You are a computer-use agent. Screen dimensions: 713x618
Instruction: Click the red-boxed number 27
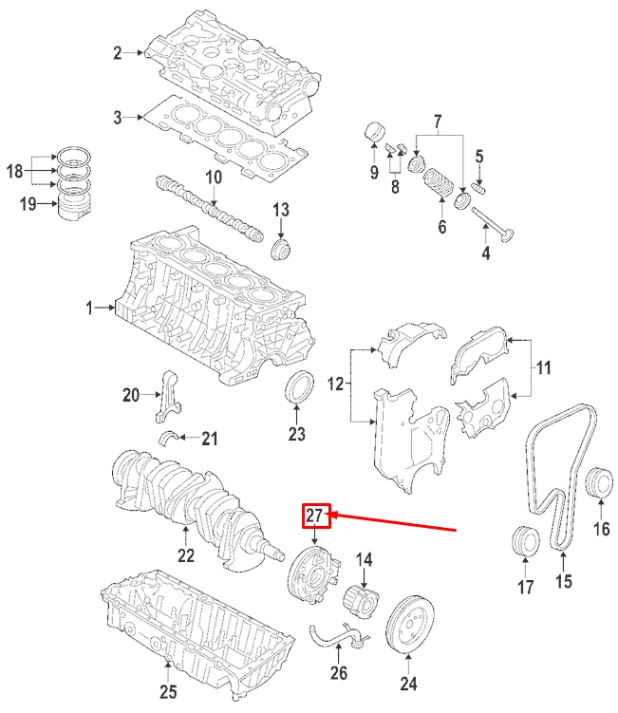(316, 516)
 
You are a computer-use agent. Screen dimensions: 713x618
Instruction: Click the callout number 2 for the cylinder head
(118, 54)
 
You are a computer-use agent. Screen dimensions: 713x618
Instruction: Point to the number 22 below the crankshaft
(185, 555)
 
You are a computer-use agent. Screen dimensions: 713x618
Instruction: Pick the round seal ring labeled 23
(297, 390)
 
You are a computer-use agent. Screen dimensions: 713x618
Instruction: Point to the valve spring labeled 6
(438, 180)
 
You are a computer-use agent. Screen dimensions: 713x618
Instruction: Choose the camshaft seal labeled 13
(280, 249)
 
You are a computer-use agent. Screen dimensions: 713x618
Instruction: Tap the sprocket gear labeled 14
(364, 598)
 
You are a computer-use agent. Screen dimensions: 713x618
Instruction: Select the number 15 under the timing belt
(564, 583)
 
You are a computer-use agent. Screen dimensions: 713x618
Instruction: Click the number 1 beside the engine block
(90, 309)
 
